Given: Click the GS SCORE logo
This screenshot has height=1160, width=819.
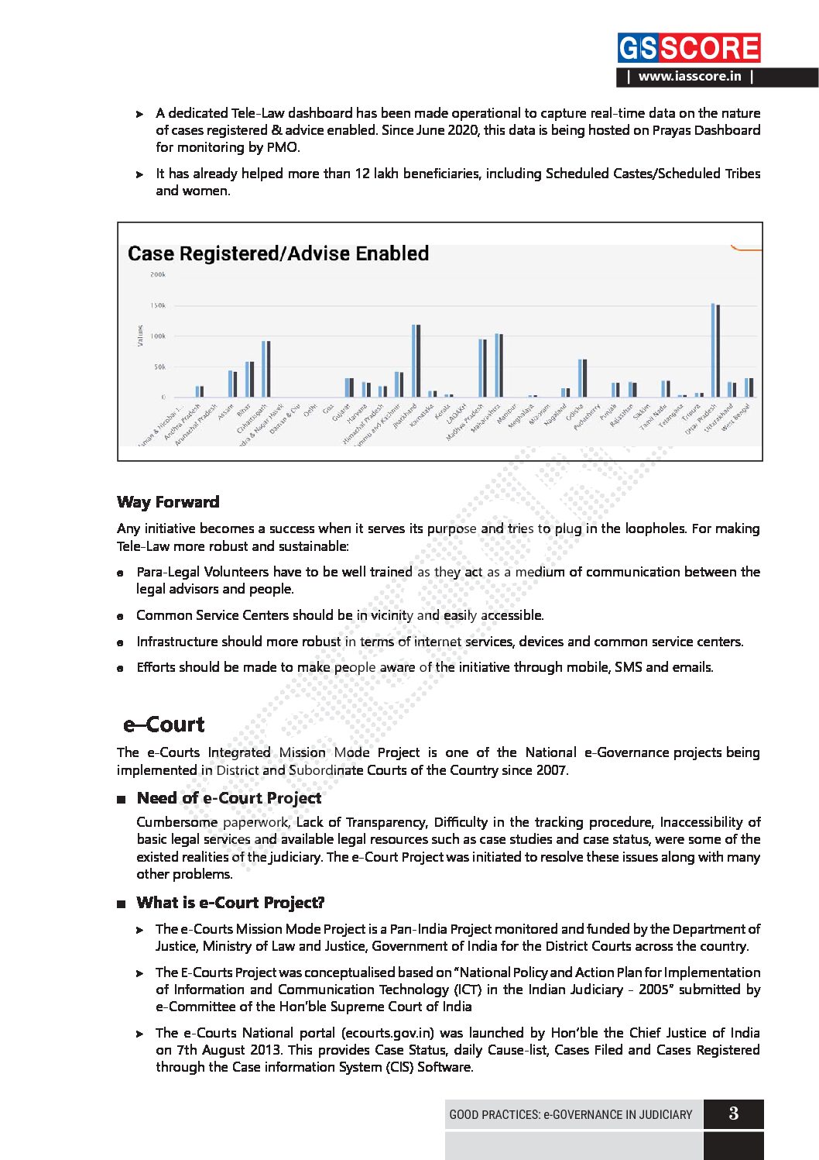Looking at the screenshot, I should (x=688, y=48).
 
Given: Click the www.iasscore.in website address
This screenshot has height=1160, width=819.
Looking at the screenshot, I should (x=689, y=77).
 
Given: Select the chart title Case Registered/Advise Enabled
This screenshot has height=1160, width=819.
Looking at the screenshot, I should (x=278, y=253).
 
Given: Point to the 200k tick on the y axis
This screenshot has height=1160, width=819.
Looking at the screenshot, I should (x=158, y=274).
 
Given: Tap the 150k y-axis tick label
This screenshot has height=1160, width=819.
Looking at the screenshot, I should (x=158, y=305).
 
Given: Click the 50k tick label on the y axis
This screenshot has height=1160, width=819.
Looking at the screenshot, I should (x=159, y=367).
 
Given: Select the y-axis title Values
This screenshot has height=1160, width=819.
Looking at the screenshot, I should (x=140, y=336).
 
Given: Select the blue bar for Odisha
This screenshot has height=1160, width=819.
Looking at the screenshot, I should (x=580, y=378).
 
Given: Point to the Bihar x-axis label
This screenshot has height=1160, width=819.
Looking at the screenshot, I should (x=244, y=408).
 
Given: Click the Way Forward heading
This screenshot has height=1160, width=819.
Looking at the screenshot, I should (x=168, y=502).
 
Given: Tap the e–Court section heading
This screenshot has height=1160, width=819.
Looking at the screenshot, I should (x=164, y=725).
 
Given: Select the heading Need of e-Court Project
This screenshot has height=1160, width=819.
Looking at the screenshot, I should (x=229, y=798).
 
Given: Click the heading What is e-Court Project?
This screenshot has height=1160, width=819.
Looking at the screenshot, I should (x=231, y=903).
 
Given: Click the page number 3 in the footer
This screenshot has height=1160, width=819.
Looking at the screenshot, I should (x=733, y=1114).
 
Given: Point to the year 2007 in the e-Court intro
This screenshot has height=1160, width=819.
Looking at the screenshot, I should (x=552, y=770).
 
